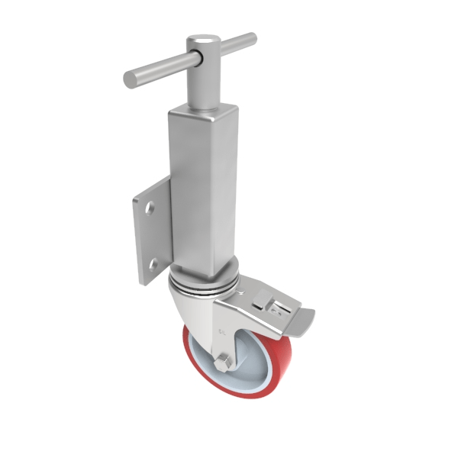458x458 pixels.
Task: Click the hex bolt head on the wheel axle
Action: pyautogui.click(x=223, y=363)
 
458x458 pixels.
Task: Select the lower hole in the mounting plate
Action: pyautogui.click(x=153, y=263)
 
